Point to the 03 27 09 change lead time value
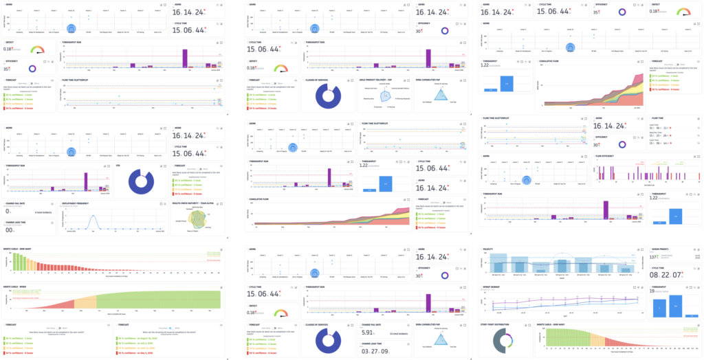(375, 351)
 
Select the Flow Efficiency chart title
(609, 155)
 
